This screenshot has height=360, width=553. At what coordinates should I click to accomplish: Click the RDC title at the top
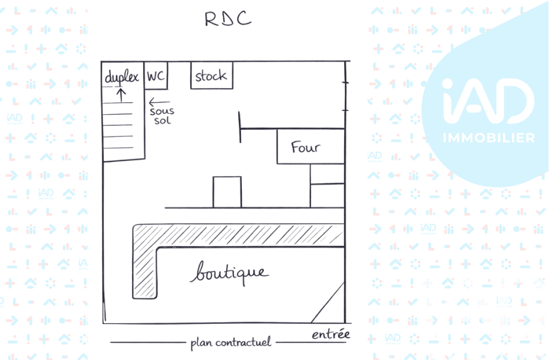(228, 19)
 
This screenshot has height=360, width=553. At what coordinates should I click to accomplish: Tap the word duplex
(122, 77)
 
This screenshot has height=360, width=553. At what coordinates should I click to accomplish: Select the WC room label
(156, 75)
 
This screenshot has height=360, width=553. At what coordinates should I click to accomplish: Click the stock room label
(211, 75)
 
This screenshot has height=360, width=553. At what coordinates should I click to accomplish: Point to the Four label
(306, 147)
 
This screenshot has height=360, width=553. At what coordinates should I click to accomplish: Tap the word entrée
(331, 334)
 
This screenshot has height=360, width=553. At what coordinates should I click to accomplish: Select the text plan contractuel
(231, 343)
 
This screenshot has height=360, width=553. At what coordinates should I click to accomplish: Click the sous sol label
(163, 116)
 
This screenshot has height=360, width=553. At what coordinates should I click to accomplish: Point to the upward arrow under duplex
(121, 95)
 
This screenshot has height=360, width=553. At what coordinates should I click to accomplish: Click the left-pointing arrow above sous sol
(159, 102)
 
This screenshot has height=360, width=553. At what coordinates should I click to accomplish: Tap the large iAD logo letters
(489, 101)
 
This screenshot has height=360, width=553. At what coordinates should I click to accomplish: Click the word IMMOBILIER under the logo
(489, 138)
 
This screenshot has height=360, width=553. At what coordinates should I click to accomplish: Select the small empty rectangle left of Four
(227, 192)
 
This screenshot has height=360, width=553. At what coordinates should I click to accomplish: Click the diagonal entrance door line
(328, 303)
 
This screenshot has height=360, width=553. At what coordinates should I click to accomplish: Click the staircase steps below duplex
(119, 125)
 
